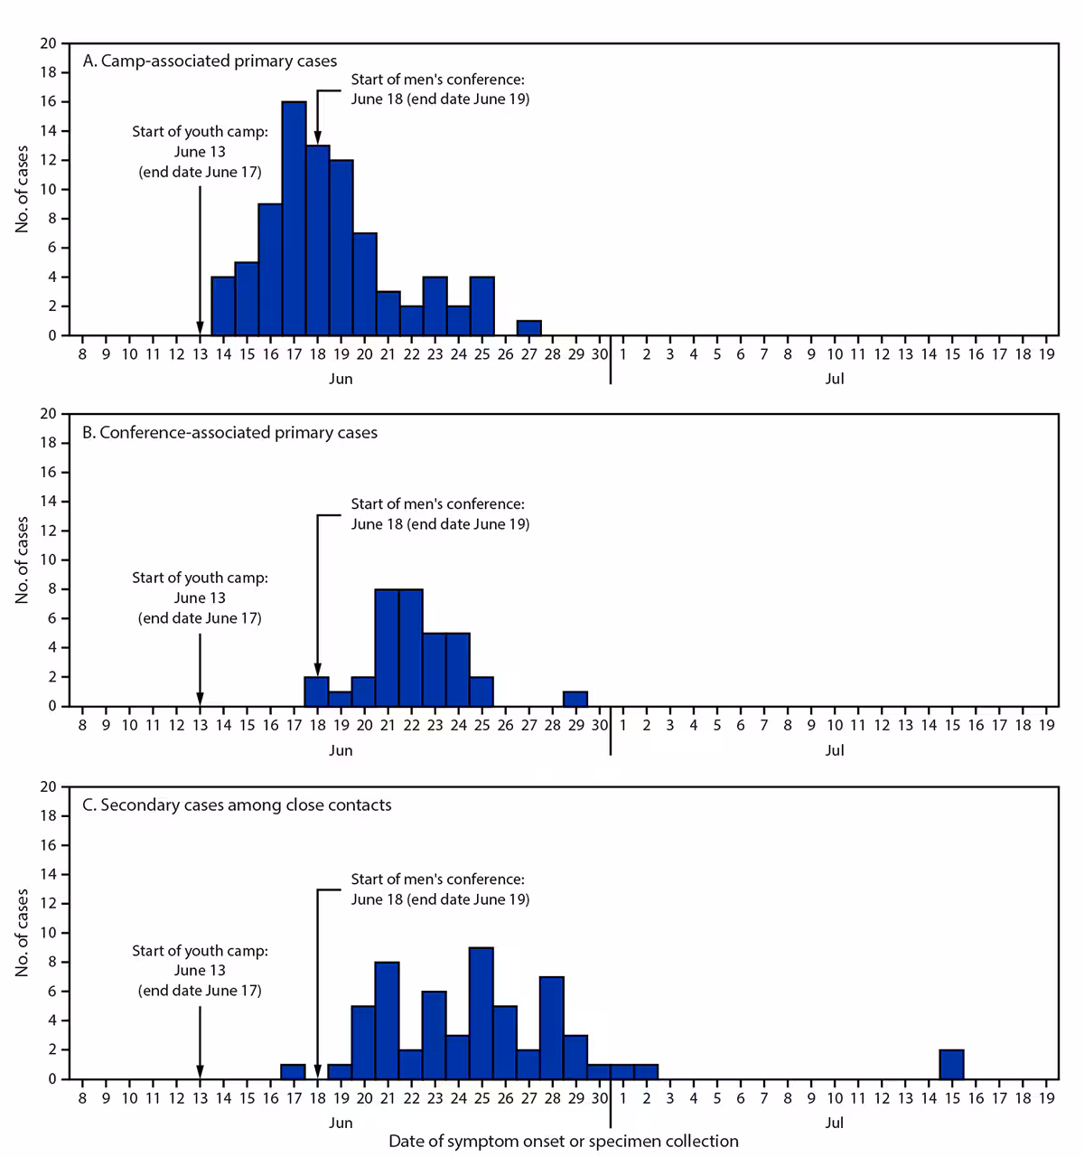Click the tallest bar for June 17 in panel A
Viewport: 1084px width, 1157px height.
(x=294, y=218)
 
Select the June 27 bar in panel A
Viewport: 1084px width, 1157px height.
(x=528, y=327)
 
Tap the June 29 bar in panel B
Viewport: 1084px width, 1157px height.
(x=575, y=698)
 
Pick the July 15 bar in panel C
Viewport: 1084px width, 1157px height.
(x=951, y=1064)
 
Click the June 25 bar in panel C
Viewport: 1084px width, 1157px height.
(x=481, y=1012)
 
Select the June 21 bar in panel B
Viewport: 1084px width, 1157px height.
(x=388, y=647)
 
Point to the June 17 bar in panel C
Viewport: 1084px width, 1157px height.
(x=294, y=1071)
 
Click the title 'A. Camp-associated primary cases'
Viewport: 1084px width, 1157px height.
(x=210, y=61)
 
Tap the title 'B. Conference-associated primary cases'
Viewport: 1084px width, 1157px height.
(x=229, y=433)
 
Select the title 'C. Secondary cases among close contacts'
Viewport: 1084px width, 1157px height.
(x=237, y=805)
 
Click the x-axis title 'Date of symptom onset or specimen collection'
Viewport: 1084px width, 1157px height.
(x=563, y=1142)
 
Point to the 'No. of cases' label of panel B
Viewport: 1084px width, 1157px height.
(x=23, y=560)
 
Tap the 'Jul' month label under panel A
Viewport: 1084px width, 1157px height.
(x=834, y=379)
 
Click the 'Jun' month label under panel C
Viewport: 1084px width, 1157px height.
(x=341, y=1123)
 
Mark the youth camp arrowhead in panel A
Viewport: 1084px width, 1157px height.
(x=200, y=328)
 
